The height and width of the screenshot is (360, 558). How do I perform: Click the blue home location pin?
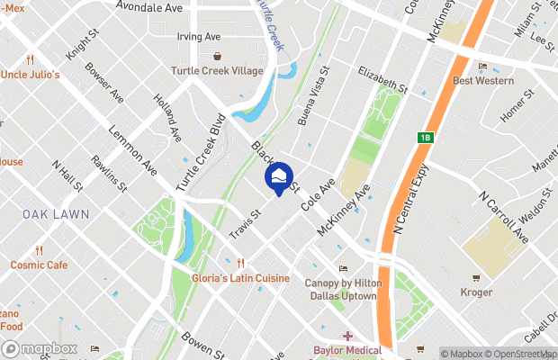point(279,177)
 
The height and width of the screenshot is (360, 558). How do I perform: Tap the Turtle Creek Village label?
point(219,71)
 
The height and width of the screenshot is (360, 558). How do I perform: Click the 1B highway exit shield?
point(426,138)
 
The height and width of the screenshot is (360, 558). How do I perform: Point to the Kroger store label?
point(475,292)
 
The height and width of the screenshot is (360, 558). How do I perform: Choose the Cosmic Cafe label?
point(39,265)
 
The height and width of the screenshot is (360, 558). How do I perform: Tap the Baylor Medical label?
point(347,349)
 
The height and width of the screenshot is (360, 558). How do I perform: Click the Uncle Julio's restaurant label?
point(30,74)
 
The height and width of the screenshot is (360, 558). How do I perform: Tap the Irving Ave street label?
point(199,37)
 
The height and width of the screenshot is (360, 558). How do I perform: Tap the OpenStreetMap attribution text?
point(520,353)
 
